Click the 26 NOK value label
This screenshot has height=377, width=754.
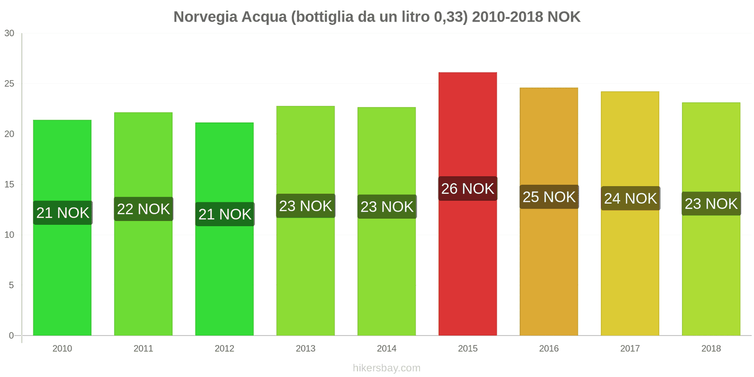tap(467, 188)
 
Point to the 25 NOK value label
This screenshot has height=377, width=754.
tap(549, 197)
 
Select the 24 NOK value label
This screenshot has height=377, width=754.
tap(630, 198)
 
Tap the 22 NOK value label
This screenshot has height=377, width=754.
tap(143, 209)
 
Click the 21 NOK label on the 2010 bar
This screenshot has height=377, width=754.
tap(63, 213)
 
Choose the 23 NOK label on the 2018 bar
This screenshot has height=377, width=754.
tap(711, 204)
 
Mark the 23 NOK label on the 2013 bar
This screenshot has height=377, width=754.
tap(305, 206)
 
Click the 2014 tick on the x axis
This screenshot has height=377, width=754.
tap(386, 348)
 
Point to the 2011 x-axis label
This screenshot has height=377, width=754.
tap(143, 348)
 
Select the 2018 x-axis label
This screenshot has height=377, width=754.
tap(711, 348)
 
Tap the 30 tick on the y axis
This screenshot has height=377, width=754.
tap(9, 33)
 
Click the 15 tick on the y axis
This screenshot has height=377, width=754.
tap(9, 185)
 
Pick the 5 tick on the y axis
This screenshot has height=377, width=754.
tap(12, 285)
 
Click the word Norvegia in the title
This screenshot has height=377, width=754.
tap(206, 17)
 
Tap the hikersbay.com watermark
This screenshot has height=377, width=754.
tap(386, 368)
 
